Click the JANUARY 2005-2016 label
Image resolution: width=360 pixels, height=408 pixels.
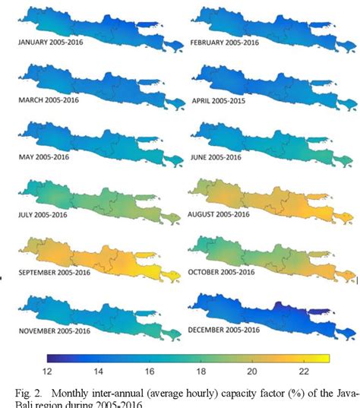51,43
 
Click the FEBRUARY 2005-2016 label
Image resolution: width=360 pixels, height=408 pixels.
225,43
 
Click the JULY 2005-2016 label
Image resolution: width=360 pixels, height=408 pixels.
45,215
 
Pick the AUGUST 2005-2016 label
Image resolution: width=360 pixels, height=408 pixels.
222,215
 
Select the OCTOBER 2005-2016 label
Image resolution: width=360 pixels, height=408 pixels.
225,272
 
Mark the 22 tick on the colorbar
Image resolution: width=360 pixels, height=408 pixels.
304,372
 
